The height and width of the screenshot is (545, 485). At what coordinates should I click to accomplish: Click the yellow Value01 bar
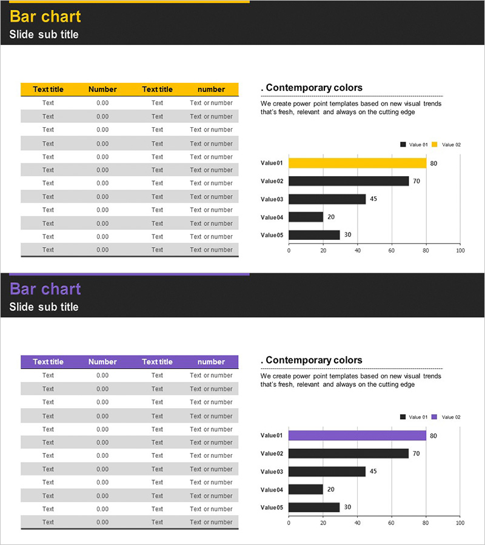[x=357, y=163]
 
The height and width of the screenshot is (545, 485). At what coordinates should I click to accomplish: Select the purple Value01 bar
[x=357, y=435]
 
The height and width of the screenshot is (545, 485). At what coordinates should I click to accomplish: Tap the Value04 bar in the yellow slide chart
[x=306, y=217]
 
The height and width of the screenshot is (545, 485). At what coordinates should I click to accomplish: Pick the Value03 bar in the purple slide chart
[x=327, y=471]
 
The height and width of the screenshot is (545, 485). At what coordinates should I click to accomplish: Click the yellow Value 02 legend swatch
[x=434, y=145]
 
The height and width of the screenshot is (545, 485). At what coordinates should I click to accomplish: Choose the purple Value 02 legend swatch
[x=434, y=417]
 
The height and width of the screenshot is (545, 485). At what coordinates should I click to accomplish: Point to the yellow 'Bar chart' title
[x=45, y=16]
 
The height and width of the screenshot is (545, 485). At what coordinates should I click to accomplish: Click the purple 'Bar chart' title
[x=45, y=289]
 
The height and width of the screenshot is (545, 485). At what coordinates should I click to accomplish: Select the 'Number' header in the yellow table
[x=102, y=89]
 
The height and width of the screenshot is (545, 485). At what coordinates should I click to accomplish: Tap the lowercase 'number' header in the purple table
[x=211, y=362]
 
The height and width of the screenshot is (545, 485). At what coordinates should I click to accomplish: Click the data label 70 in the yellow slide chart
[x=416, y=181]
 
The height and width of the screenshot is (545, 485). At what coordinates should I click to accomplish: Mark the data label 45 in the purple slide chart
[x=373, y=471]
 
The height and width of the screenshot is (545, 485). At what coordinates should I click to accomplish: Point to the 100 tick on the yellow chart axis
[x=460, y=250]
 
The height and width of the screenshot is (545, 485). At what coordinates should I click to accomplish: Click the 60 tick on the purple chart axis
[x=392, y=523]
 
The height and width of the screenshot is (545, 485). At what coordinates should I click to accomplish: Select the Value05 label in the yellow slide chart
[x=272, y=235]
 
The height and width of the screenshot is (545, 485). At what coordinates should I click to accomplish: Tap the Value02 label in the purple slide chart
[x=272, y=454]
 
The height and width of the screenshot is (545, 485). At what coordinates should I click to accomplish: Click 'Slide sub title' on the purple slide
[x=44, y=307]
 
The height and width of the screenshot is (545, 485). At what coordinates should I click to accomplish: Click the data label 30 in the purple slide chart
[x=347, y=507]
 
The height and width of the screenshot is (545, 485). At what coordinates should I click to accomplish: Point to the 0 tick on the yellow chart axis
[x=289, y=250]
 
